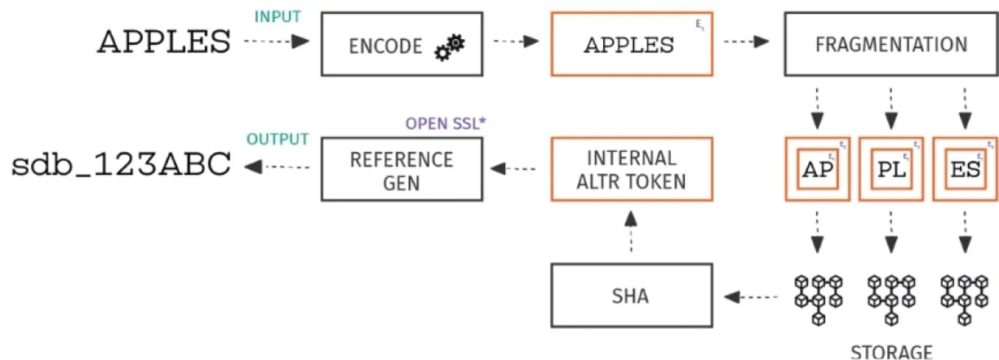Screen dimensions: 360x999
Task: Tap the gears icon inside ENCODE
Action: pyautogui.click(x=449, y=47)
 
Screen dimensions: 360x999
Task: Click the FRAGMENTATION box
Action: pyautogui.click(x=890, y=44)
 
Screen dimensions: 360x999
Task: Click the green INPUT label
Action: pyautogui.click(x=277, y=17)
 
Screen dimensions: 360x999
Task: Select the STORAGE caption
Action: pyautogui.click(x=891, y=352)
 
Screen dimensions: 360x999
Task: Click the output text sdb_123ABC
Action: pyautogui.click(x=122, y=166)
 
